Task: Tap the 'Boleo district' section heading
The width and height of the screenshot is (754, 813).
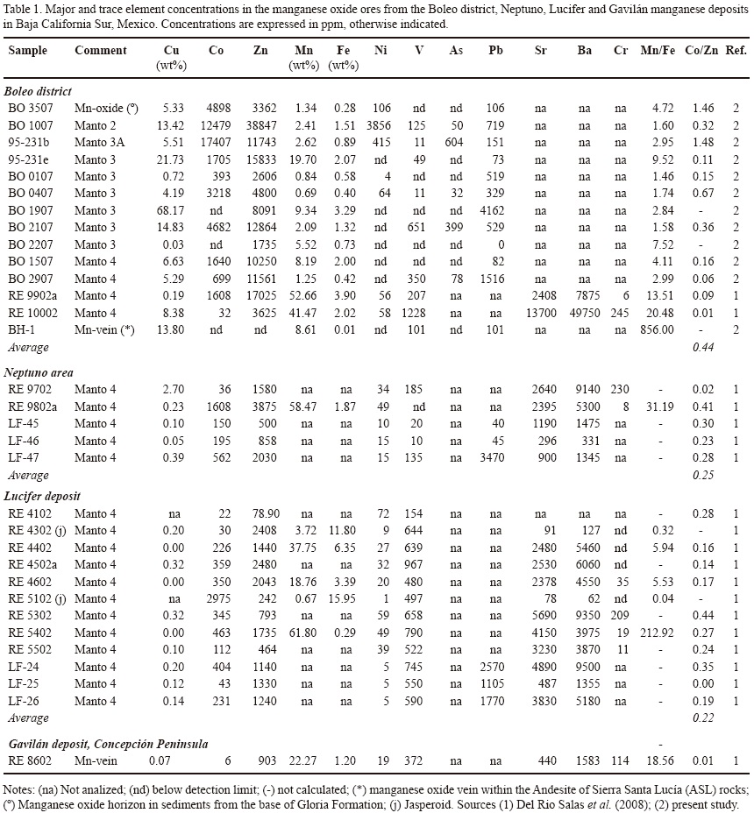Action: click(39, 91)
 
